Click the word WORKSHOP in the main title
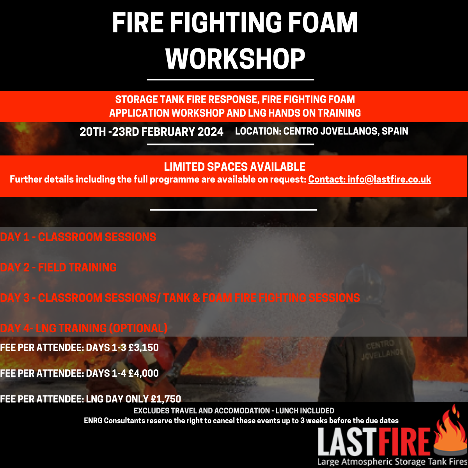[x=235, y=59]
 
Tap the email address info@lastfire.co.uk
[x=389, y=179]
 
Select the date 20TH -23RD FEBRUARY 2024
[x=151, y=132]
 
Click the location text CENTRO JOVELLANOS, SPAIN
[x=346, y=131]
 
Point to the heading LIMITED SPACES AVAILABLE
[x=234, y=167]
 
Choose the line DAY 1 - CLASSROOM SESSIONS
[x=78, y=237]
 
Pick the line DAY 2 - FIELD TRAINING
[x=58, y=268]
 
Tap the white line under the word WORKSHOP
[x=230, y=80]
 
